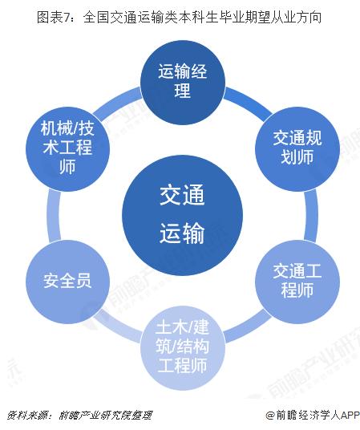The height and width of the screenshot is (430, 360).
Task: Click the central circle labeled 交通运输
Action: pyautogui.click(x=182, y=215)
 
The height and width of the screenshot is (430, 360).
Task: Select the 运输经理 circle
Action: pyautogui.click(x=183, y=83)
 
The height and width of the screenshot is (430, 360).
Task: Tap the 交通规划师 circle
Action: pyautogui.click(x=297, y=149)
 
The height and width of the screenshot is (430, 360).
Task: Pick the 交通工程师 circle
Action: pyautogui.click(x=297, y=282)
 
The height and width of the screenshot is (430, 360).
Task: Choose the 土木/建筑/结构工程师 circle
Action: pyautogui.click(x=183, y=347)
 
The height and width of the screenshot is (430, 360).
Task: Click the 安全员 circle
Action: pyautogui.click(x=67, y=282)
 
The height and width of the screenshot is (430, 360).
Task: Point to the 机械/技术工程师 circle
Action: pyautogui.click(x=67, y=149)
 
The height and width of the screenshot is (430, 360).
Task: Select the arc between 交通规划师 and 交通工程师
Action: pyautogui.click(x=311, y=215)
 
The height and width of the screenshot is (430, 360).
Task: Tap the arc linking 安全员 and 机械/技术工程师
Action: pyautogui.click(x=54, y=215)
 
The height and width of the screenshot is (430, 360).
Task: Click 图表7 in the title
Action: pyautogui.click(x=54, y=18)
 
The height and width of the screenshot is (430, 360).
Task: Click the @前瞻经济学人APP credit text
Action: pyautogui.click(x=313, y=416)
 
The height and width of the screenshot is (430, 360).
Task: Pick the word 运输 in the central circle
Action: pyautogui.click(x=182, y=233)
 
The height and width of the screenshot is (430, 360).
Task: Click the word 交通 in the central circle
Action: pyautogui.click(x=182, y=195)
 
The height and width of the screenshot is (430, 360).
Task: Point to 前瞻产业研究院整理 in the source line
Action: pyautogui.click(x=106, y=416)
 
